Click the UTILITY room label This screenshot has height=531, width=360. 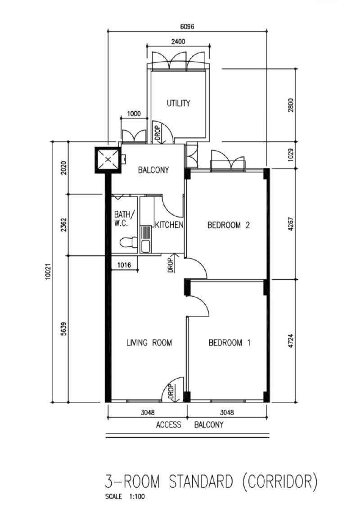coord(179,103)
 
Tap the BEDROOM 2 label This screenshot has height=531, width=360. coord(228,225)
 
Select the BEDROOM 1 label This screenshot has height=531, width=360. coord(229,343)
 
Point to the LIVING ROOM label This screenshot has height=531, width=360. coord(149,343)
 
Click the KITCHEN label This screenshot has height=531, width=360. coord(169,225)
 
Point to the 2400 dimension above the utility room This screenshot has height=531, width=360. coord(178,41)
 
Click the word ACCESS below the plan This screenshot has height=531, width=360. coord(169,425)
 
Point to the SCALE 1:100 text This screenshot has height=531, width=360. coord(125,497)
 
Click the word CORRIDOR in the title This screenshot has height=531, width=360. coord(277,482)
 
